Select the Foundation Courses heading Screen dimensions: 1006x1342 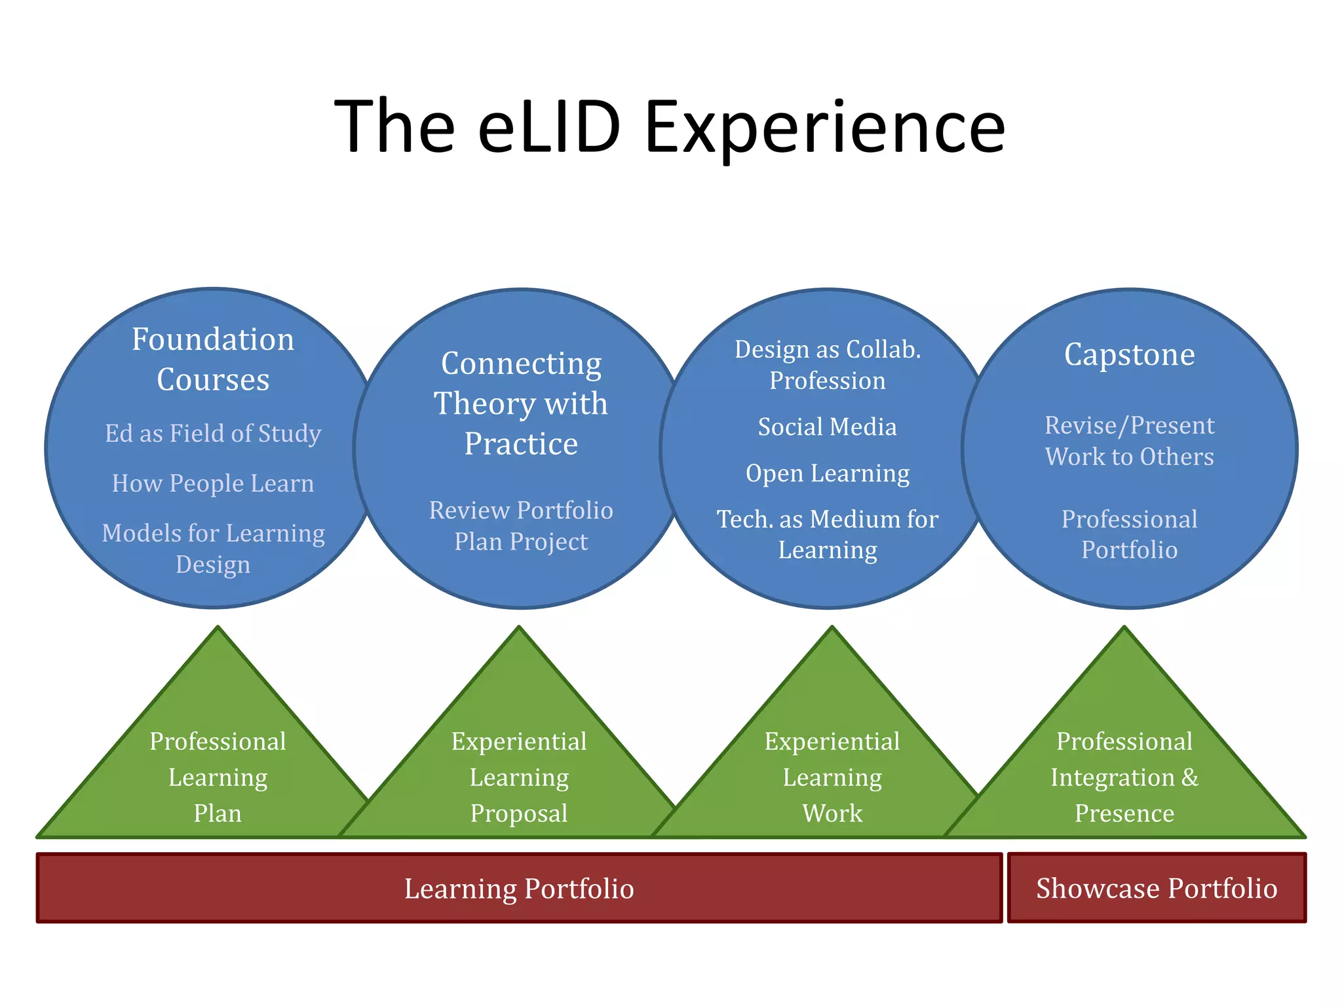pyautogui.click(x=213, y=359)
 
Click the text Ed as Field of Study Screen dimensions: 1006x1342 pyautogui.click(x=213, y=434)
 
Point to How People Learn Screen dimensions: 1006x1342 pyautogui.click(x=213, y=483)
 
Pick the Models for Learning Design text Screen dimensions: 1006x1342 pyautogui.click(x=213, y=548)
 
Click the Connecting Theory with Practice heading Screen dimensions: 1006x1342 pyautogui.click(x=521, y=403)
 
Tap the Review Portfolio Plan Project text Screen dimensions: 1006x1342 pyautogui.click(x=521, y=525)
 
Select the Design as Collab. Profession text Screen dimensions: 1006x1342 pyautogui.click(x=828, y=365)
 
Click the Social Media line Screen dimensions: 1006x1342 pyautogui.click(x=828, y=427)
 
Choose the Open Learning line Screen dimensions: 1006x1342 pyautogui.click(x=828, y=473)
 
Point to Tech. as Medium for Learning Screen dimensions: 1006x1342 pyautogui.click(x=828, y=534)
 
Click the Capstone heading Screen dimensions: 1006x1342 pyautogui.click(x=1129, y=354)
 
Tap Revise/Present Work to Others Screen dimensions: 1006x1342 pyautogui.click(x=1129, y=441)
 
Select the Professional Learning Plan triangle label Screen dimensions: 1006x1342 pyautogui.click(x=218, y=777)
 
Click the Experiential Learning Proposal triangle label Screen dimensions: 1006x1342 pyautogui.click(x=519, y=777)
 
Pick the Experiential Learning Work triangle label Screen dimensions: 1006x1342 pyautogui.click(x=832, y=777)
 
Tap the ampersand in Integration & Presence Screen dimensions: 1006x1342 pyautogui.click(x=1190, y=777)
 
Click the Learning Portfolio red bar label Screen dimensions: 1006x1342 pyautogui.click(x=519, y=889)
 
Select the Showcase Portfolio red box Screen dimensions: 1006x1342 pyautogui.click(x=1157, y=889)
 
